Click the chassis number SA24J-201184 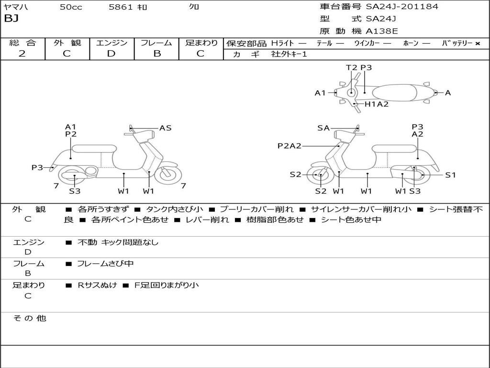(402, 7)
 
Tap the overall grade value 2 (22, 54)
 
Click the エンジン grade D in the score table (111, 54)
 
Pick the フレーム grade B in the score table (157, 54)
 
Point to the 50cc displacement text (71, 7)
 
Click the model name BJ (11, 19)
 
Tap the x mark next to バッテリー (478, 44)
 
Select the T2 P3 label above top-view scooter (359, 68)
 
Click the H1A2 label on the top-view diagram (377, 104)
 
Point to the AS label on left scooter (165, 128)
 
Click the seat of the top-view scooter (394, 93)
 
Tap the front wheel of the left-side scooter (168, 173)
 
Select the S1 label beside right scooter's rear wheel (450, 175)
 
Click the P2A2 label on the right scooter (290, 146)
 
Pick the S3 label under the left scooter (75, 191)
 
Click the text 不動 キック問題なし (118, 242)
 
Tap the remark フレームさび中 (105, 264)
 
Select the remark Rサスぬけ (97, 285)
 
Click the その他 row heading (30, 318)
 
